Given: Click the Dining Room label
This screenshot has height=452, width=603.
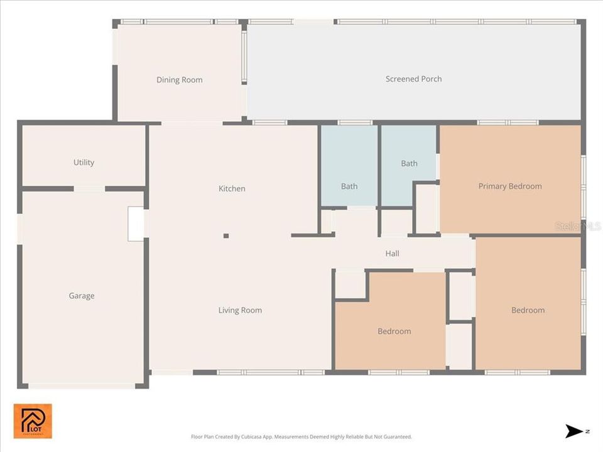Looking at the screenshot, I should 179,80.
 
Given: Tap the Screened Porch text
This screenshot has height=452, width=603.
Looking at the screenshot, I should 413,79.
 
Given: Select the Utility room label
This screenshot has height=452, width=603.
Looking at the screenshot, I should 84,163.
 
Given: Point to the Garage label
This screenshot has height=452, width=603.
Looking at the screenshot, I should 82,296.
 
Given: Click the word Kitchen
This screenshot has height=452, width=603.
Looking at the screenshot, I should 232,189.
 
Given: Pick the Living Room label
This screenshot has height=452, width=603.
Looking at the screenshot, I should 240,310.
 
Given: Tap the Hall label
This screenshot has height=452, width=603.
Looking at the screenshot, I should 392,254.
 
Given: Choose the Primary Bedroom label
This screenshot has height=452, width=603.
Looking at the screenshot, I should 509,186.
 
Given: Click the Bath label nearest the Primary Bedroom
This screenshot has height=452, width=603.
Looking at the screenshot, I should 409,164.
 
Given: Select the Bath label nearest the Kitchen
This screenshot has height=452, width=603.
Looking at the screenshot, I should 349,186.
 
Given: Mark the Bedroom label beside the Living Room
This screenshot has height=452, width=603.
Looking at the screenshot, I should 394,331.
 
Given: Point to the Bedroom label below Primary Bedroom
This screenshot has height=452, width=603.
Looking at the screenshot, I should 528,310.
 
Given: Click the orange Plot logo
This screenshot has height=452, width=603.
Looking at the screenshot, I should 33,421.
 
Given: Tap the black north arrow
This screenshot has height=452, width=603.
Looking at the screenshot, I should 574,431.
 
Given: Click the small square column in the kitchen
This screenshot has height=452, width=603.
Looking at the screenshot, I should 226,236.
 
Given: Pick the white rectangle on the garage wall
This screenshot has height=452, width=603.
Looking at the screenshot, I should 136,223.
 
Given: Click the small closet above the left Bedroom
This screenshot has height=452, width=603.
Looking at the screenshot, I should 350,284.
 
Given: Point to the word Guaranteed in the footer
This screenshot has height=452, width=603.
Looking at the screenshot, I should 396,436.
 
